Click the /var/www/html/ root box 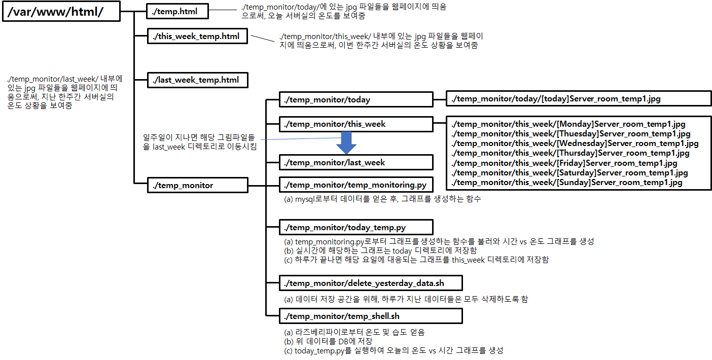pyautogui.click(x=61, y=11)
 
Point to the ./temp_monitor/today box pyautogui.click(x=356, y=99)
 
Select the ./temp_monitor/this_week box pyautogui.click(x=356, y=124)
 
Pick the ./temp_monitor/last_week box pyautogui.click(x=356, y=162)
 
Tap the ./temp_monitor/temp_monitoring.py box pyautogui.click(x=356, y=185)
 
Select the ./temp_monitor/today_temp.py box pyautogui.click(x=356, y=227)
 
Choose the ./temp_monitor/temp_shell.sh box pyautogui.click(x=371, y=316)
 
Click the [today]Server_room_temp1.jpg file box pyautogui.click(x=578, y=99)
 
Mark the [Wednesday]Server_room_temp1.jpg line pyautogui.click(x=575, y=143)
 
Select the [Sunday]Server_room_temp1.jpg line pyautogui.click(x=566, y=183)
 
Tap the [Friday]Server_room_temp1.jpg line pyautogui.click(x=564, y=163)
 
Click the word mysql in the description pyautogui.click(x=306, y=199)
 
